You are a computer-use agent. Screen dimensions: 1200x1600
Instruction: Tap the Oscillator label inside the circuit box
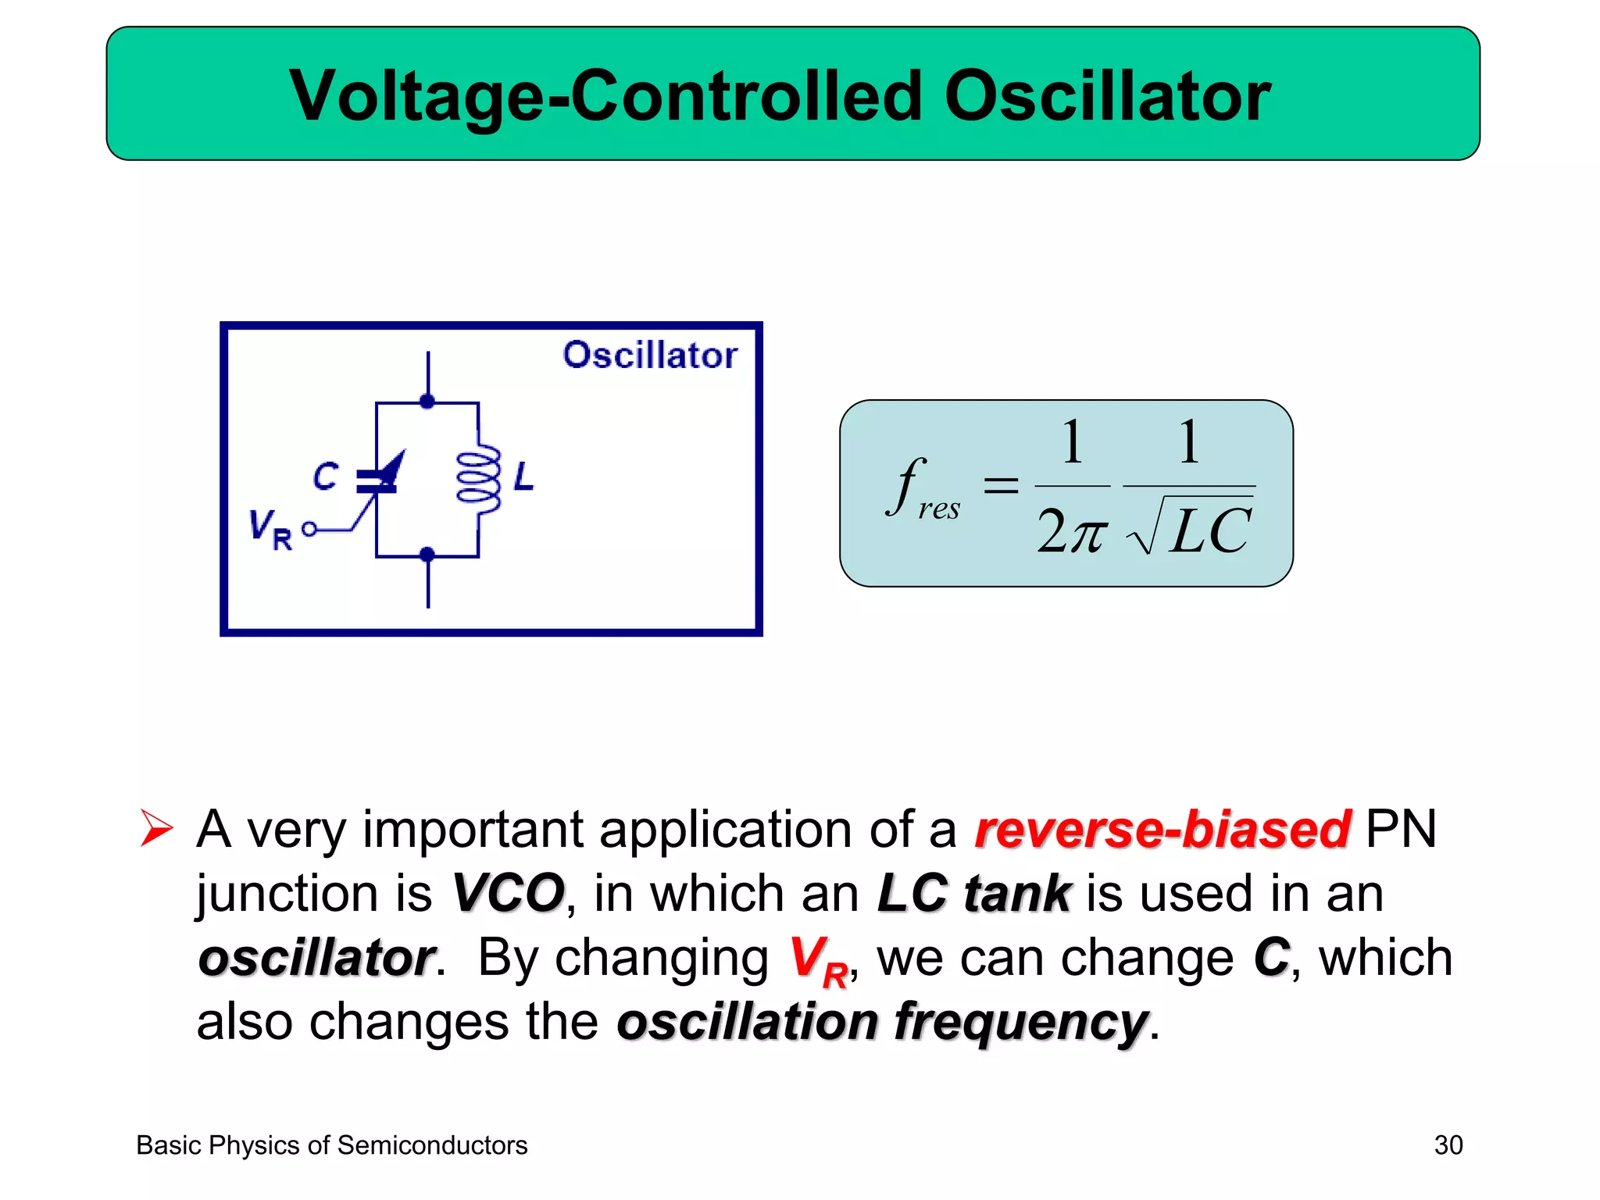pyautogui.click(x=650, y=355)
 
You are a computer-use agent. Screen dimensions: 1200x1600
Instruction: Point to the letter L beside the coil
pyautogui.click(x=523, y=476)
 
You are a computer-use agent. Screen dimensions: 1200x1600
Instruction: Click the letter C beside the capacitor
pyautogui.click(x=326, y=476)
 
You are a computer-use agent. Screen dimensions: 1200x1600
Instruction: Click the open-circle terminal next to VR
pyautogui.click(x=309, y=530)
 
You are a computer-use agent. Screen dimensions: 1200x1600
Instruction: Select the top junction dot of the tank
pyautogui.click(x=427, y=402)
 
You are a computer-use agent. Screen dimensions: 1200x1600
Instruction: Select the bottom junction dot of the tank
pyautogui.click(x=427, y=555)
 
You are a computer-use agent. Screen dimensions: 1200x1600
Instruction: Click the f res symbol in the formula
pyautogui.click(x=922, y=490)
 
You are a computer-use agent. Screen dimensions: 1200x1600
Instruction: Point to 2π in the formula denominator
pyautogui.click(x=1071, y=532)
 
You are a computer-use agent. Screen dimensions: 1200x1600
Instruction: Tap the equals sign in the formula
pyautogui.click(x=1001, y=485)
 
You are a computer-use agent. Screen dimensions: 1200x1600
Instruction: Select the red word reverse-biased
pyautogui.click(x=1162, y=829)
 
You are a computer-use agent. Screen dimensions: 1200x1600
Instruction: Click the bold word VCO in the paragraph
pyautogui.click(x=509, y=893)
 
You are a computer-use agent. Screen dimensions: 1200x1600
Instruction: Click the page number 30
pyautogui.click(x=1448, y=1145)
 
